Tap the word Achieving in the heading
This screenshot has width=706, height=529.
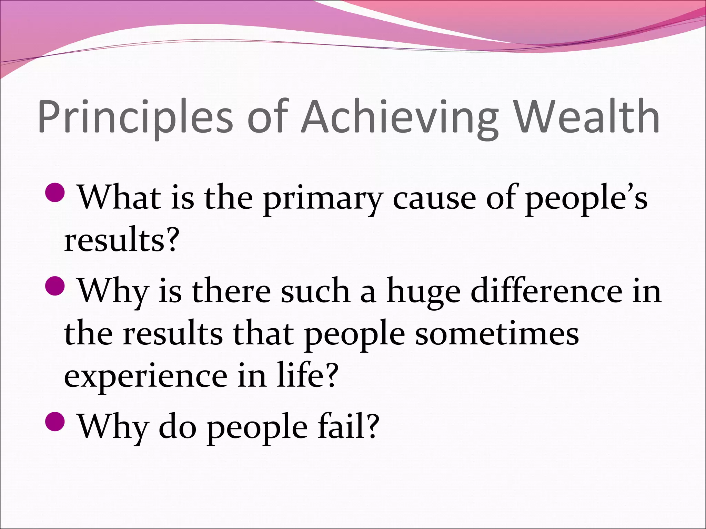tap(400, 117)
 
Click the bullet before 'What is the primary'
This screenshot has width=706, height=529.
tap(55, 193)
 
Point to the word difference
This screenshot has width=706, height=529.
tap(546, 291)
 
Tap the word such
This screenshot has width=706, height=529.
tap(315, 291)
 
